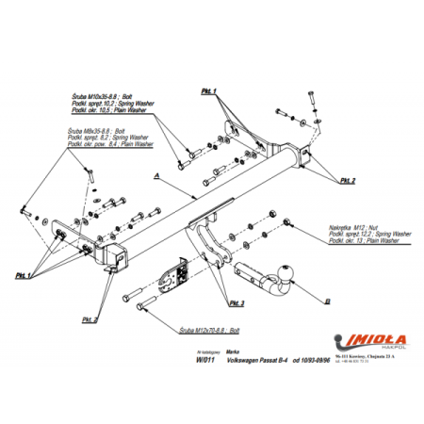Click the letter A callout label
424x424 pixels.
pos(155,175)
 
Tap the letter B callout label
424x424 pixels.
pos(327,302)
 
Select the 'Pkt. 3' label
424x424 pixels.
pos(235,303)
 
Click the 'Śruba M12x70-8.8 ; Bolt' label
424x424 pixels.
pos(208,333)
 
